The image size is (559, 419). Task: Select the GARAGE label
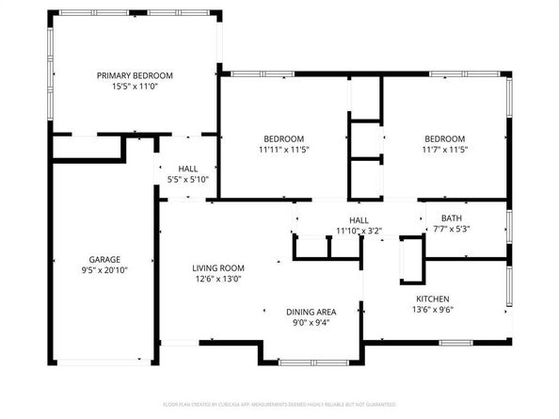(x=104, y=259)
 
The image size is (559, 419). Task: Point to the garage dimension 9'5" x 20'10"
(x=104, y=270)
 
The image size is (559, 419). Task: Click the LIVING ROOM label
(x=218, y=267)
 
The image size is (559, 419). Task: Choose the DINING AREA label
(x=311, y=312)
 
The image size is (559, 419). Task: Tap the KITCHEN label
(x=439, y=298)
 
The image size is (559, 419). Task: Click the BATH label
(x=450, y=218)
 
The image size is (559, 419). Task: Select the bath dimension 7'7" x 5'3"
(x=450, y=229)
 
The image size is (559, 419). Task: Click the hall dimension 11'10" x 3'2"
(x=359, y=230)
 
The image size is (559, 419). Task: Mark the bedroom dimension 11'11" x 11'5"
(x=283, y=149)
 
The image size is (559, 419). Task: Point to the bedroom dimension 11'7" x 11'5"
(x=444, y=149)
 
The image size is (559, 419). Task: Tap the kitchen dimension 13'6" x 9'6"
(x=439, y=310)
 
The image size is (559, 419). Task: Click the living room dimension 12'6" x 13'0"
(x=218, y=279)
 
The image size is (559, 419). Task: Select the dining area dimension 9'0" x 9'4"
(x=311, y=323)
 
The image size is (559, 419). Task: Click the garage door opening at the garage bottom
(x=104, y=359)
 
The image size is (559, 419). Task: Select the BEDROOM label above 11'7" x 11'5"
(x=444, y=138)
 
